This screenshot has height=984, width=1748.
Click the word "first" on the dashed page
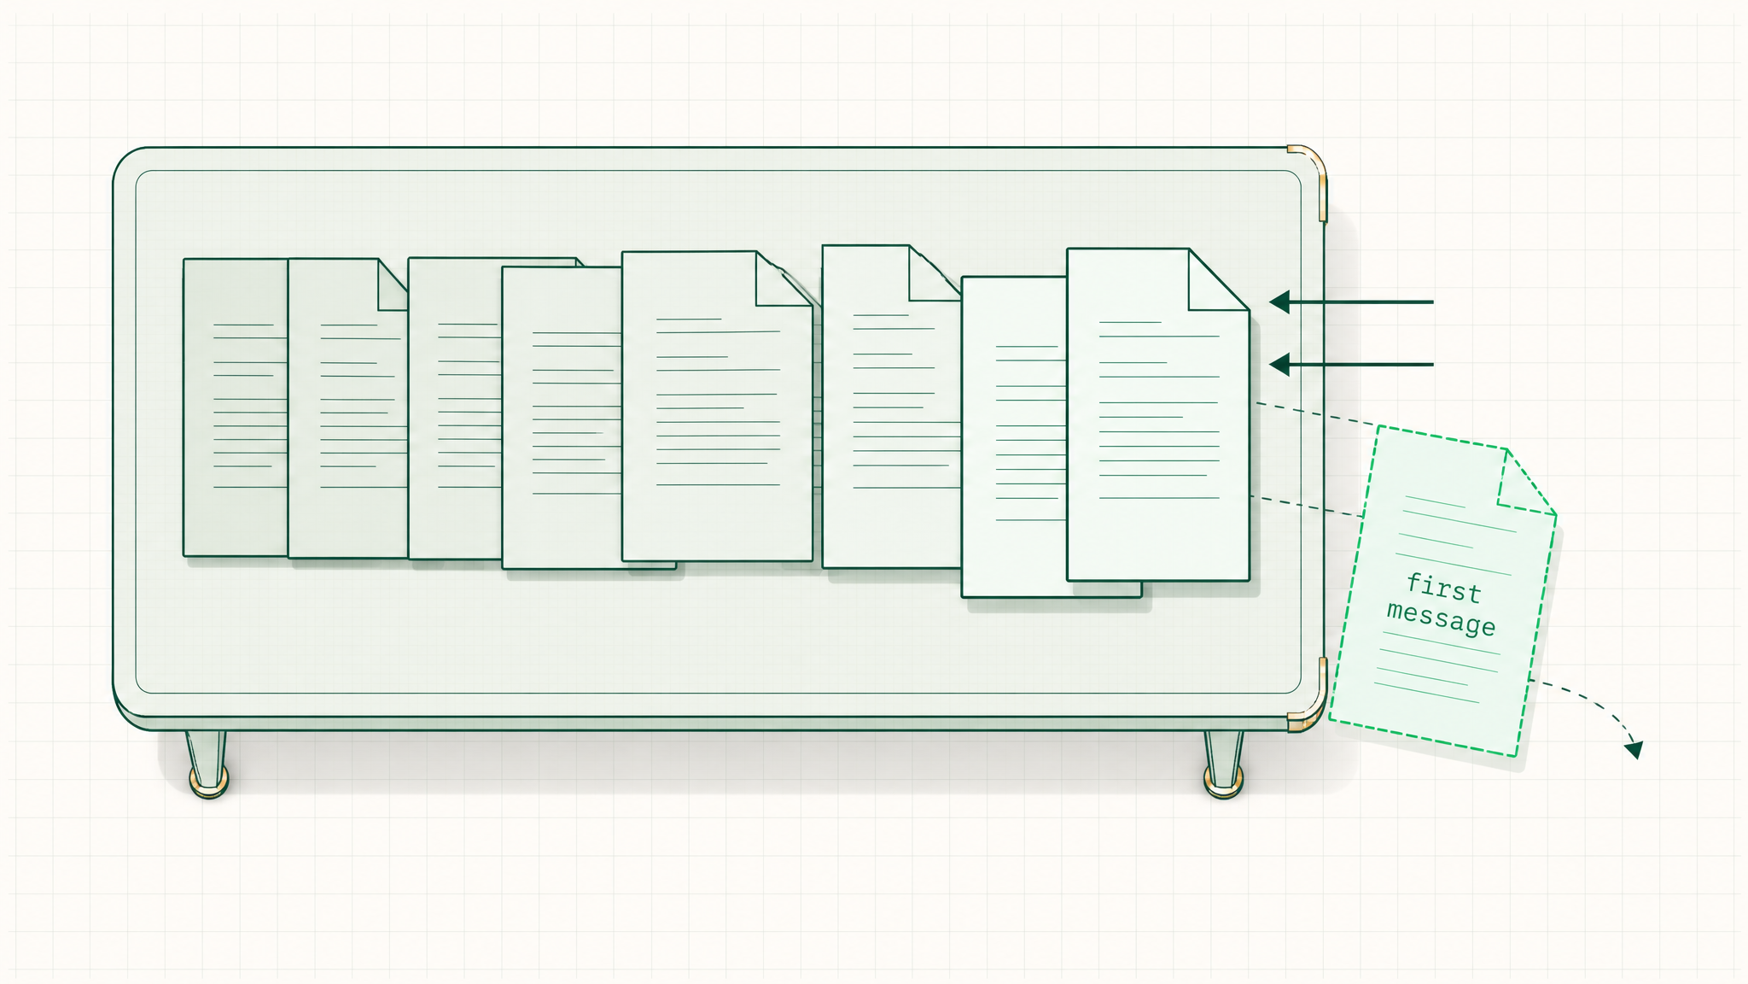[1444, 588]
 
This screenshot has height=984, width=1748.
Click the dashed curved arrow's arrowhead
[1634, 749]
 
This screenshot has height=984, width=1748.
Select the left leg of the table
[207, 763]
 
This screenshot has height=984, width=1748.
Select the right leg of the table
[1223, 763]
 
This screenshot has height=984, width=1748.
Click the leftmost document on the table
[236, 407]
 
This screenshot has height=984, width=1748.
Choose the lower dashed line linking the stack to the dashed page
[1306, 507]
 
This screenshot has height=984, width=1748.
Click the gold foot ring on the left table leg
[208, 781]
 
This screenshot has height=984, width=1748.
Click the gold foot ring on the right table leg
[1224, 781]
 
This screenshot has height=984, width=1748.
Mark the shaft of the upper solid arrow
[1361, 302]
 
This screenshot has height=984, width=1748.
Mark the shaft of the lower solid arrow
[1361, 365]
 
